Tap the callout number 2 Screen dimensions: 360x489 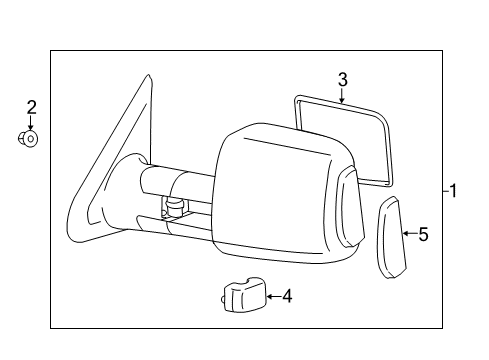(x=31, y=107)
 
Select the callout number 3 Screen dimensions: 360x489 (x=342, y=79)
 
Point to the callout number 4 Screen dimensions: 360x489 (x=287, y=295)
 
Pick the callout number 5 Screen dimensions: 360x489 (x=423, y=235)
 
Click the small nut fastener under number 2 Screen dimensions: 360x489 (x=30, y=139)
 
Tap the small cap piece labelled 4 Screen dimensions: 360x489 (x=240, y=296)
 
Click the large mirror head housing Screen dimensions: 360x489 (x=275, y=190)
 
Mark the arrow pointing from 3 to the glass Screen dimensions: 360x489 (x=341, y=96)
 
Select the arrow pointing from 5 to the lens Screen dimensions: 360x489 (x=407, y=234)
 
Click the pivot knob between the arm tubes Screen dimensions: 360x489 (x=174, y=208)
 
